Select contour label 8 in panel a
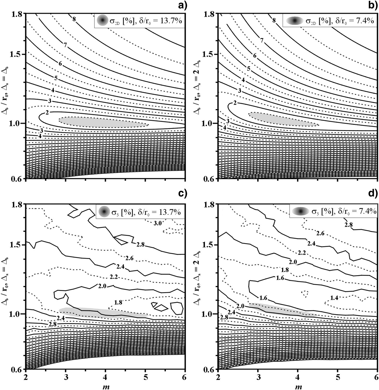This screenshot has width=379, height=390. point(74,19)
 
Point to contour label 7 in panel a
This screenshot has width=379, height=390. point(65,45)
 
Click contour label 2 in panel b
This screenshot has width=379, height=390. point(235,103)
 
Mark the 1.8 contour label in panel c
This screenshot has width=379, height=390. point(118,302)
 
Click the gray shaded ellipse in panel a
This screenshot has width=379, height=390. point(103,122)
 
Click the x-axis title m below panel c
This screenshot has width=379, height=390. point(106,387)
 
